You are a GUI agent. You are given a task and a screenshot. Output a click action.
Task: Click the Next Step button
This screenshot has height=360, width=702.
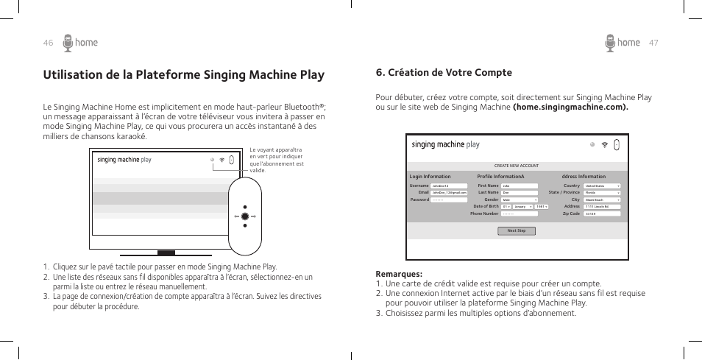click(517, 230)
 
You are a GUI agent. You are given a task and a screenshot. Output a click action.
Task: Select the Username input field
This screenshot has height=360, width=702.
click(448, 186)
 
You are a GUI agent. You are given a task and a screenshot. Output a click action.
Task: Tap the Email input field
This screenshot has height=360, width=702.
click(448, 193)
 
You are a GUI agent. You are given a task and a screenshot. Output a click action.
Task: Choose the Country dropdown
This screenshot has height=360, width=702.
click(602, 186)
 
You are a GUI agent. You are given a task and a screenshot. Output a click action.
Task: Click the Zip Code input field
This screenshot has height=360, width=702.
click(602, 213)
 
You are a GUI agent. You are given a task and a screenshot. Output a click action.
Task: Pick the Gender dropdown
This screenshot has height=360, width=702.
click(520, 200)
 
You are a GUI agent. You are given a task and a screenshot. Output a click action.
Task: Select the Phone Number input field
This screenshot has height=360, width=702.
click(520, 213)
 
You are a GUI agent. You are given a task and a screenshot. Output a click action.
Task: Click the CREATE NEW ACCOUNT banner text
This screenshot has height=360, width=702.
click(517, 166)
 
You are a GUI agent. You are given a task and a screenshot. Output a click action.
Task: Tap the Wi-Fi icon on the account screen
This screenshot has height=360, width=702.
click(604, 145)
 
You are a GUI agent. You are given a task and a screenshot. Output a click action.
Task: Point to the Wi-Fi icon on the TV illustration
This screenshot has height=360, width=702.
click(220, 159)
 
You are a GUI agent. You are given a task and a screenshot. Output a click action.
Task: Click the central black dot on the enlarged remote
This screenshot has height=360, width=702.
click(244, 217)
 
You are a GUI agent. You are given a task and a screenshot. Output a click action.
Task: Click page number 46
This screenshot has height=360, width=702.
click(48, 43)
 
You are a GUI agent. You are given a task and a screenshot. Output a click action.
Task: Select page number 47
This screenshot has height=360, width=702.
click(653, 43)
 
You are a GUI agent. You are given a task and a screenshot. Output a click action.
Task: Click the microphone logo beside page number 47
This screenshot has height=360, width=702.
click(610, 43)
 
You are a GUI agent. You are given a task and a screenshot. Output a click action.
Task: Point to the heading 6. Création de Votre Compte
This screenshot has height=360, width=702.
click(444, 72)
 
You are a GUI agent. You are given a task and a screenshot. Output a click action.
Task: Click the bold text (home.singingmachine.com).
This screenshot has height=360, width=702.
click(571, 107)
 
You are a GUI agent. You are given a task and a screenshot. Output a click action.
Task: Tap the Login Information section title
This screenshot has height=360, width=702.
click(430, 177)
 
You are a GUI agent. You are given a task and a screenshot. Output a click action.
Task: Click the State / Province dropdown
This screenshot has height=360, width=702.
click(602, 193)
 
